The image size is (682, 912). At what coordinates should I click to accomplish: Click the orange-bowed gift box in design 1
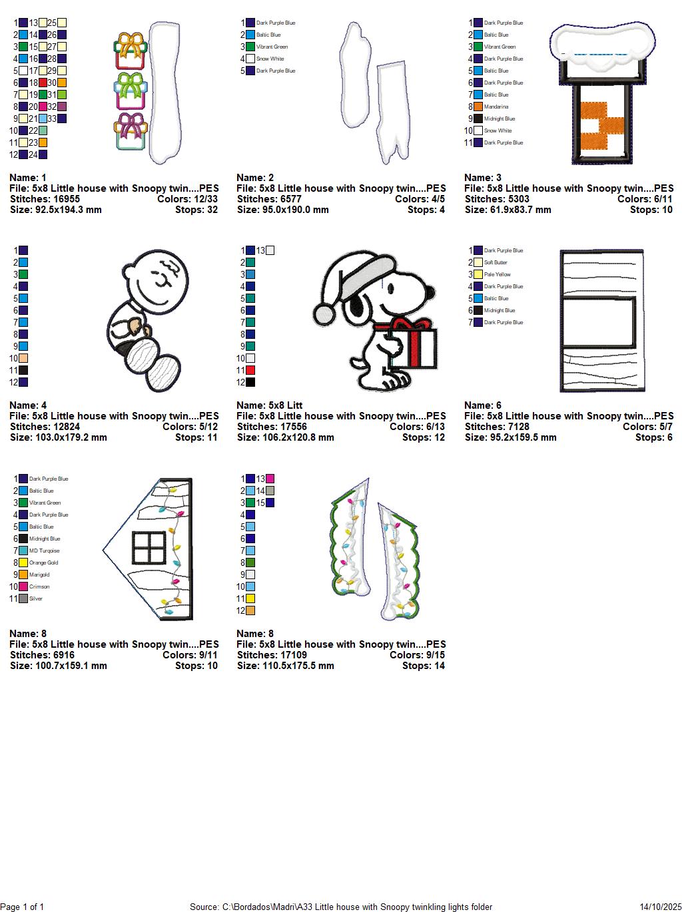(131, 51)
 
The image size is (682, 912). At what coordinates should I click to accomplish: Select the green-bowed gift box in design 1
(131, 91)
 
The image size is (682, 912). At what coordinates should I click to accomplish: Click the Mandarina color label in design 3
(496, 107)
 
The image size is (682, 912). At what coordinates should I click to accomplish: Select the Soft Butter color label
(496, 262)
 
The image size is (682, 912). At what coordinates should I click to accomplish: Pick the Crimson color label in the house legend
(39, 586)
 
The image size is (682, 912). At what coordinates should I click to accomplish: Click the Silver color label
(36, 598)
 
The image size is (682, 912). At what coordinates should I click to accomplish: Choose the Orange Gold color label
(44, 563)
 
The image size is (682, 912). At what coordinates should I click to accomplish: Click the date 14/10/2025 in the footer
(659, 907)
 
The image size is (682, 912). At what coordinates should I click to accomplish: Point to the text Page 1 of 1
(23, 907)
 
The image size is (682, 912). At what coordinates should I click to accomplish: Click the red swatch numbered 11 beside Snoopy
(250, 370)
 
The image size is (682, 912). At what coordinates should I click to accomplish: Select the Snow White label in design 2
(270, 59)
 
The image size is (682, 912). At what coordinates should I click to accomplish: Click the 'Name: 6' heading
(483, 405)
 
